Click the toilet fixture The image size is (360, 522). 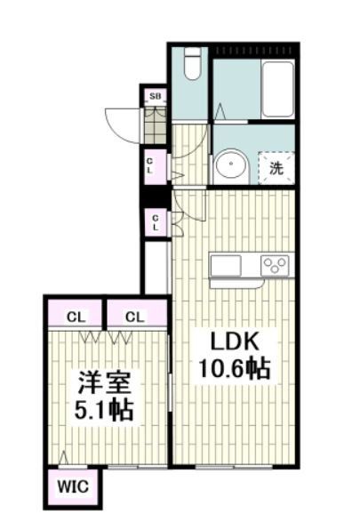[x=190, y=64]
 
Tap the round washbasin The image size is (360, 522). [x=232, y=166]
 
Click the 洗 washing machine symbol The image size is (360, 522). [x=276, y=167]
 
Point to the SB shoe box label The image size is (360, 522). [x=155, y=96]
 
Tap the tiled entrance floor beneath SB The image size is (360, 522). [x=155, y=124]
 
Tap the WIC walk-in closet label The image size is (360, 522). [x=74, y=487]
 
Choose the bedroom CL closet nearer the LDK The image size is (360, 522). [x=134, y=316]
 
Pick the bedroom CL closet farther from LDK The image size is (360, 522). [x=76, y=316]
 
